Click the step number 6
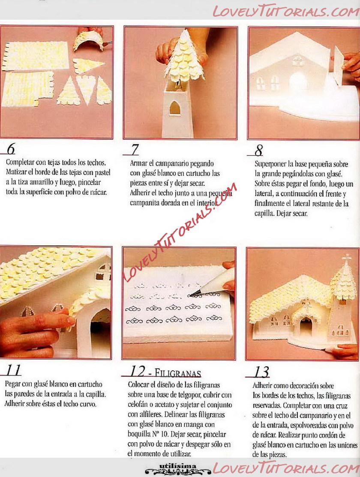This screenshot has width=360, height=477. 11,149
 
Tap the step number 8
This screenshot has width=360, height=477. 259,150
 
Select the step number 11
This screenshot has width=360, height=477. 13,370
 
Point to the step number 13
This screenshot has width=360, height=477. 261,372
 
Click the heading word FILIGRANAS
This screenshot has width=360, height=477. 178,373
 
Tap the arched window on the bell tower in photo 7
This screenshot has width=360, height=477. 175,108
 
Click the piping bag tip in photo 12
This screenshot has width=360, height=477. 194,294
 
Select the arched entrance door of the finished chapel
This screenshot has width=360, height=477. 306,327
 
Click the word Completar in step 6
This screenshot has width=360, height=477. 19,162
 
